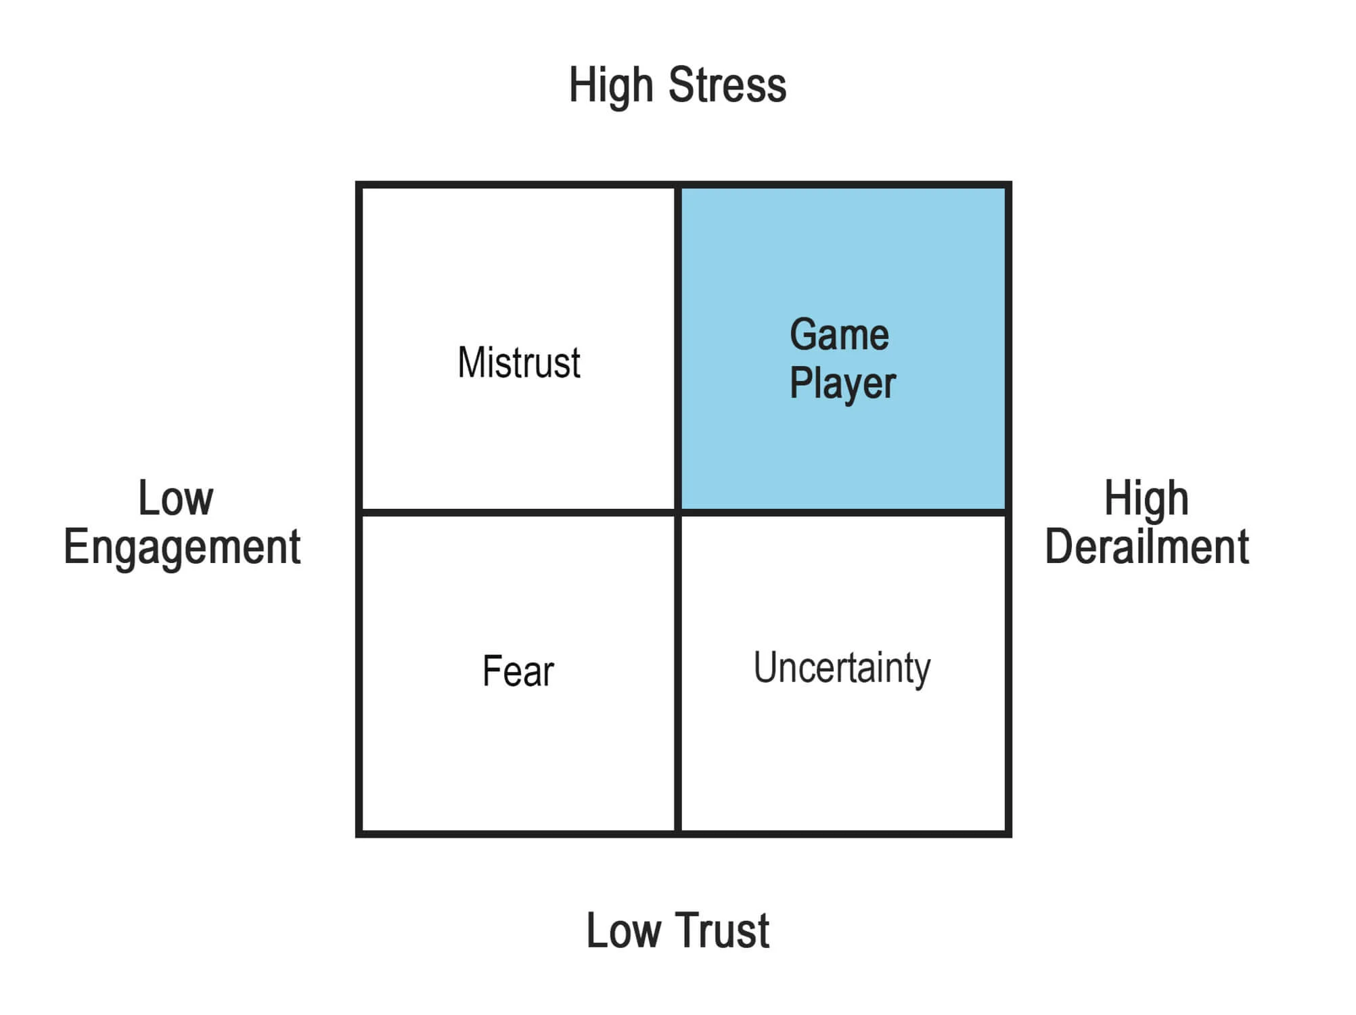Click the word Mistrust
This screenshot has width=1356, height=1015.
tap(519, 363)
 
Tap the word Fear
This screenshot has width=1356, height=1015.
tap(518, 671)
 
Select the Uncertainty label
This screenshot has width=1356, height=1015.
tap(842, 668)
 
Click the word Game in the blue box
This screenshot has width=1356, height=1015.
tap(839, 335)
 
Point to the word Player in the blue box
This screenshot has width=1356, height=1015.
tap(842, 384)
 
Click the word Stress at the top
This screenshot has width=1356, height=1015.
tap(727, 85)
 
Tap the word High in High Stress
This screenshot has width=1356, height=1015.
tap(611, 87)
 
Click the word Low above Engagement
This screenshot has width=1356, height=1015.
tap(176, 499)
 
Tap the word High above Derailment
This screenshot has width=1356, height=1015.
tap(1146, 499)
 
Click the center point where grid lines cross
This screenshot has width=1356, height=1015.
tap(677, 512)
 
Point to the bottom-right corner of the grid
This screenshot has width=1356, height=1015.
tap(1008, 834)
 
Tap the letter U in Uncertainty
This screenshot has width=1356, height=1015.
tap(765, 667)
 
